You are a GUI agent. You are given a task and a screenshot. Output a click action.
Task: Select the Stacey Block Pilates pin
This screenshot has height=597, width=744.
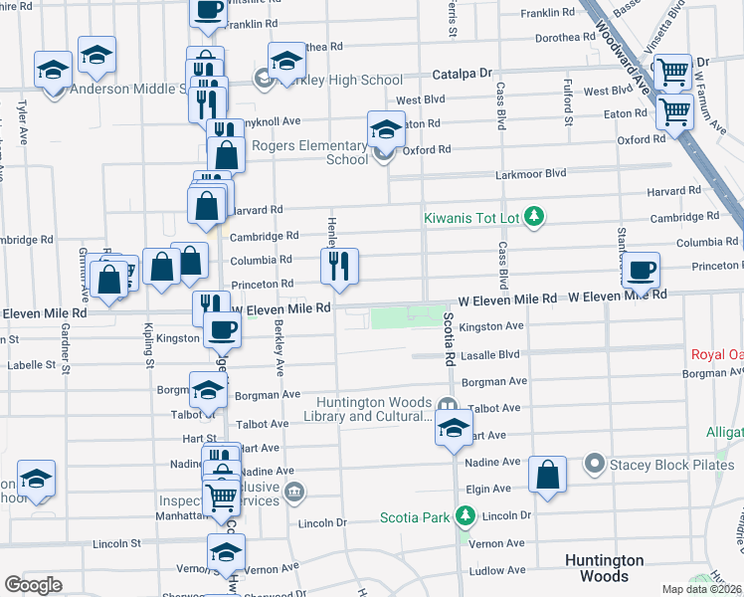[x=596, y=463]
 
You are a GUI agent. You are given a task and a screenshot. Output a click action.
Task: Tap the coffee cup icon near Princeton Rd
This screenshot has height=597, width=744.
[x=642, y=269]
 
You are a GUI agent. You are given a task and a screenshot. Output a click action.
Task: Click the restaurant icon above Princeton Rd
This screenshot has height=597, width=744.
[x=339, y=267]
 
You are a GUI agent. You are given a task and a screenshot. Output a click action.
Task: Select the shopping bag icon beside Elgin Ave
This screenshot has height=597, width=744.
[x=547, y=475]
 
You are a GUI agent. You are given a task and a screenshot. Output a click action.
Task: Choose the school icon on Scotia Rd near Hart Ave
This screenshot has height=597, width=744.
[x=453, y=430]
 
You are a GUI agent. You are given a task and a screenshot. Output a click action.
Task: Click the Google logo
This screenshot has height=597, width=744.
[x=33, y=584]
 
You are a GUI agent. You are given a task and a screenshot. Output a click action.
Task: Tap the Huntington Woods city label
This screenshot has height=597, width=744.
[x=604, y=568]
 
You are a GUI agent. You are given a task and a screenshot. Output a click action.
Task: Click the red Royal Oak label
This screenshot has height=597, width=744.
[x=717, y=355]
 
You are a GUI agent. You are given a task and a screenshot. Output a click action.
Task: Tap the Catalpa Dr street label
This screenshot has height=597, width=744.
[x=463, y=74]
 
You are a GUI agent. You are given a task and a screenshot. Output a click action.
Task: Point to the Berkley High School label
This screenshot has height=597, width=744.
[x=338, y=80]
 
